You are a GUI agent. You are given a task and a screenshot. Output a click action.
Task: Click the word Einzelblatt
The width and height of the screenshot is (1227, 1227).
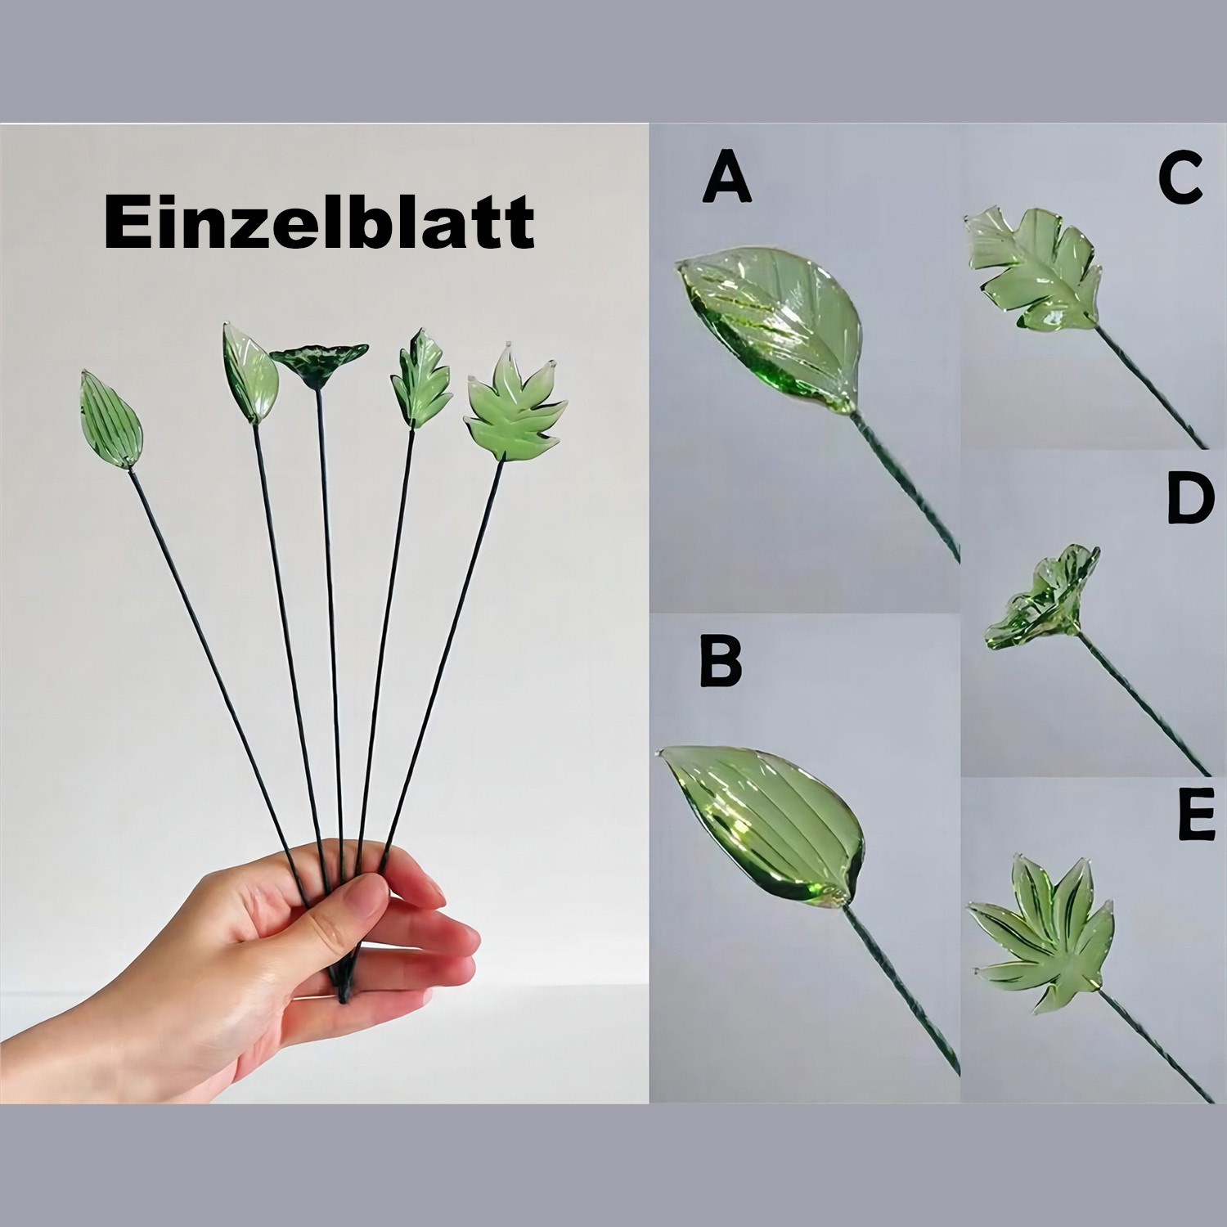319,222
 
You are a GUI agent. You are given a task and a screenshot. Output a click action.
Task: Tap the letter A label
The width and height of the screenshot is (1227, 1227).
726,179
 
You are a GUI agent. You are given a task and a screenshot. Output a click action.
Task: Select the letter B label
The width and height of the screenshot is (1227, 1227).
721,661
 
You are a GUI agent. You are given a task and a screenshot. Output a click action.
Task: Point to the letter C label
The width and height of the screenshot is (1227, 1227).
1180,179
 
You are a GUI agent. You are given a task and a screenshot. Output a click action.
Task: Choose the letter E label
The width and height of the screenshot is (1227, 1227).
1197,816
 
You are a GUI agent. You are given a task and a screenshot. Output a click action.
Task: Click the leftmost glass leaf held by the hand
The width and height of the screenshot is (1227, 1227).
111,420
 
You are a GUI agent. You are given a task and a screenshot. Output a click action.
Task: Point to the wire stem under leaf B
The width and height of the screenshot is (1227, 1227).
900,990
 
